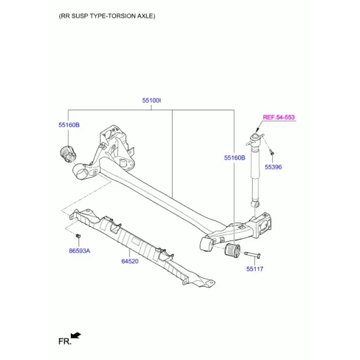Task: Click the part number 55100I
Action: pyautogui.click(x=152, y=101)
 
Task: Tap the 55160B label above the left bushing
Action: pyautogui.click(x=69, y=125)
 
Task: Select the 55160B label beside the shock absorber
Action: pyautogui.click(x=235, y=158)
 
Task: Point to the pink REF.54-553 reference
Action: pyautogui.click(x=279, y=118)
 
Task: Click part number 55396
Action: pyautogui.click(x=273, y=167)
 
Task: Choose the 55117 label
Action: pyautogui.click(x=255, y=269)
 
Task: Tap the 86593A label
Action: pyautogui.click(x=79, y=251)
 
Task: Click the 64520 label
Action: pyautogui.click(x=130, y=261)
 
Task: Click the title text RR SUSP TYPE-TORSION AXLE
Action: pyautogui.click(x=107, y=16)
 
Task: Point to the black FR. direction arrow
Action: pyautogui.click(x=76, y=335)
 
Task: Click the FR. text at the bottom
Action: pyautogui.click(x=65, y=341)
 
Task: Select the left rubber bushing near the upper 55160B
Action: pyautogui.click(x=68, y=154)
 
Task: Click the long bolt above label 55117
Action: pyautogui.click(x=253, y=254)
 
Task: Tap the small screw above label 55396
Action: pyautogui.click(x=272, y=152)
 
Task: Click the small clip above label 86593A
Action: pyautogui.click(x=78, y=236)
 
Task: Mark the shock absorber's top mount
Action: pyautogui.click(x=255, y=139)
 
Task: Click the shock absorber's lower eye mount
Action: pyautogui.click(x=256, y=204)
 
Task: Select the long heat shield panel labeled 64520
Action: pyautogui.click(x=142, y=247)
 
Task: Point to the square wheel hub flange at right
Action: pyautogui.click(x=265, y=224)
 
